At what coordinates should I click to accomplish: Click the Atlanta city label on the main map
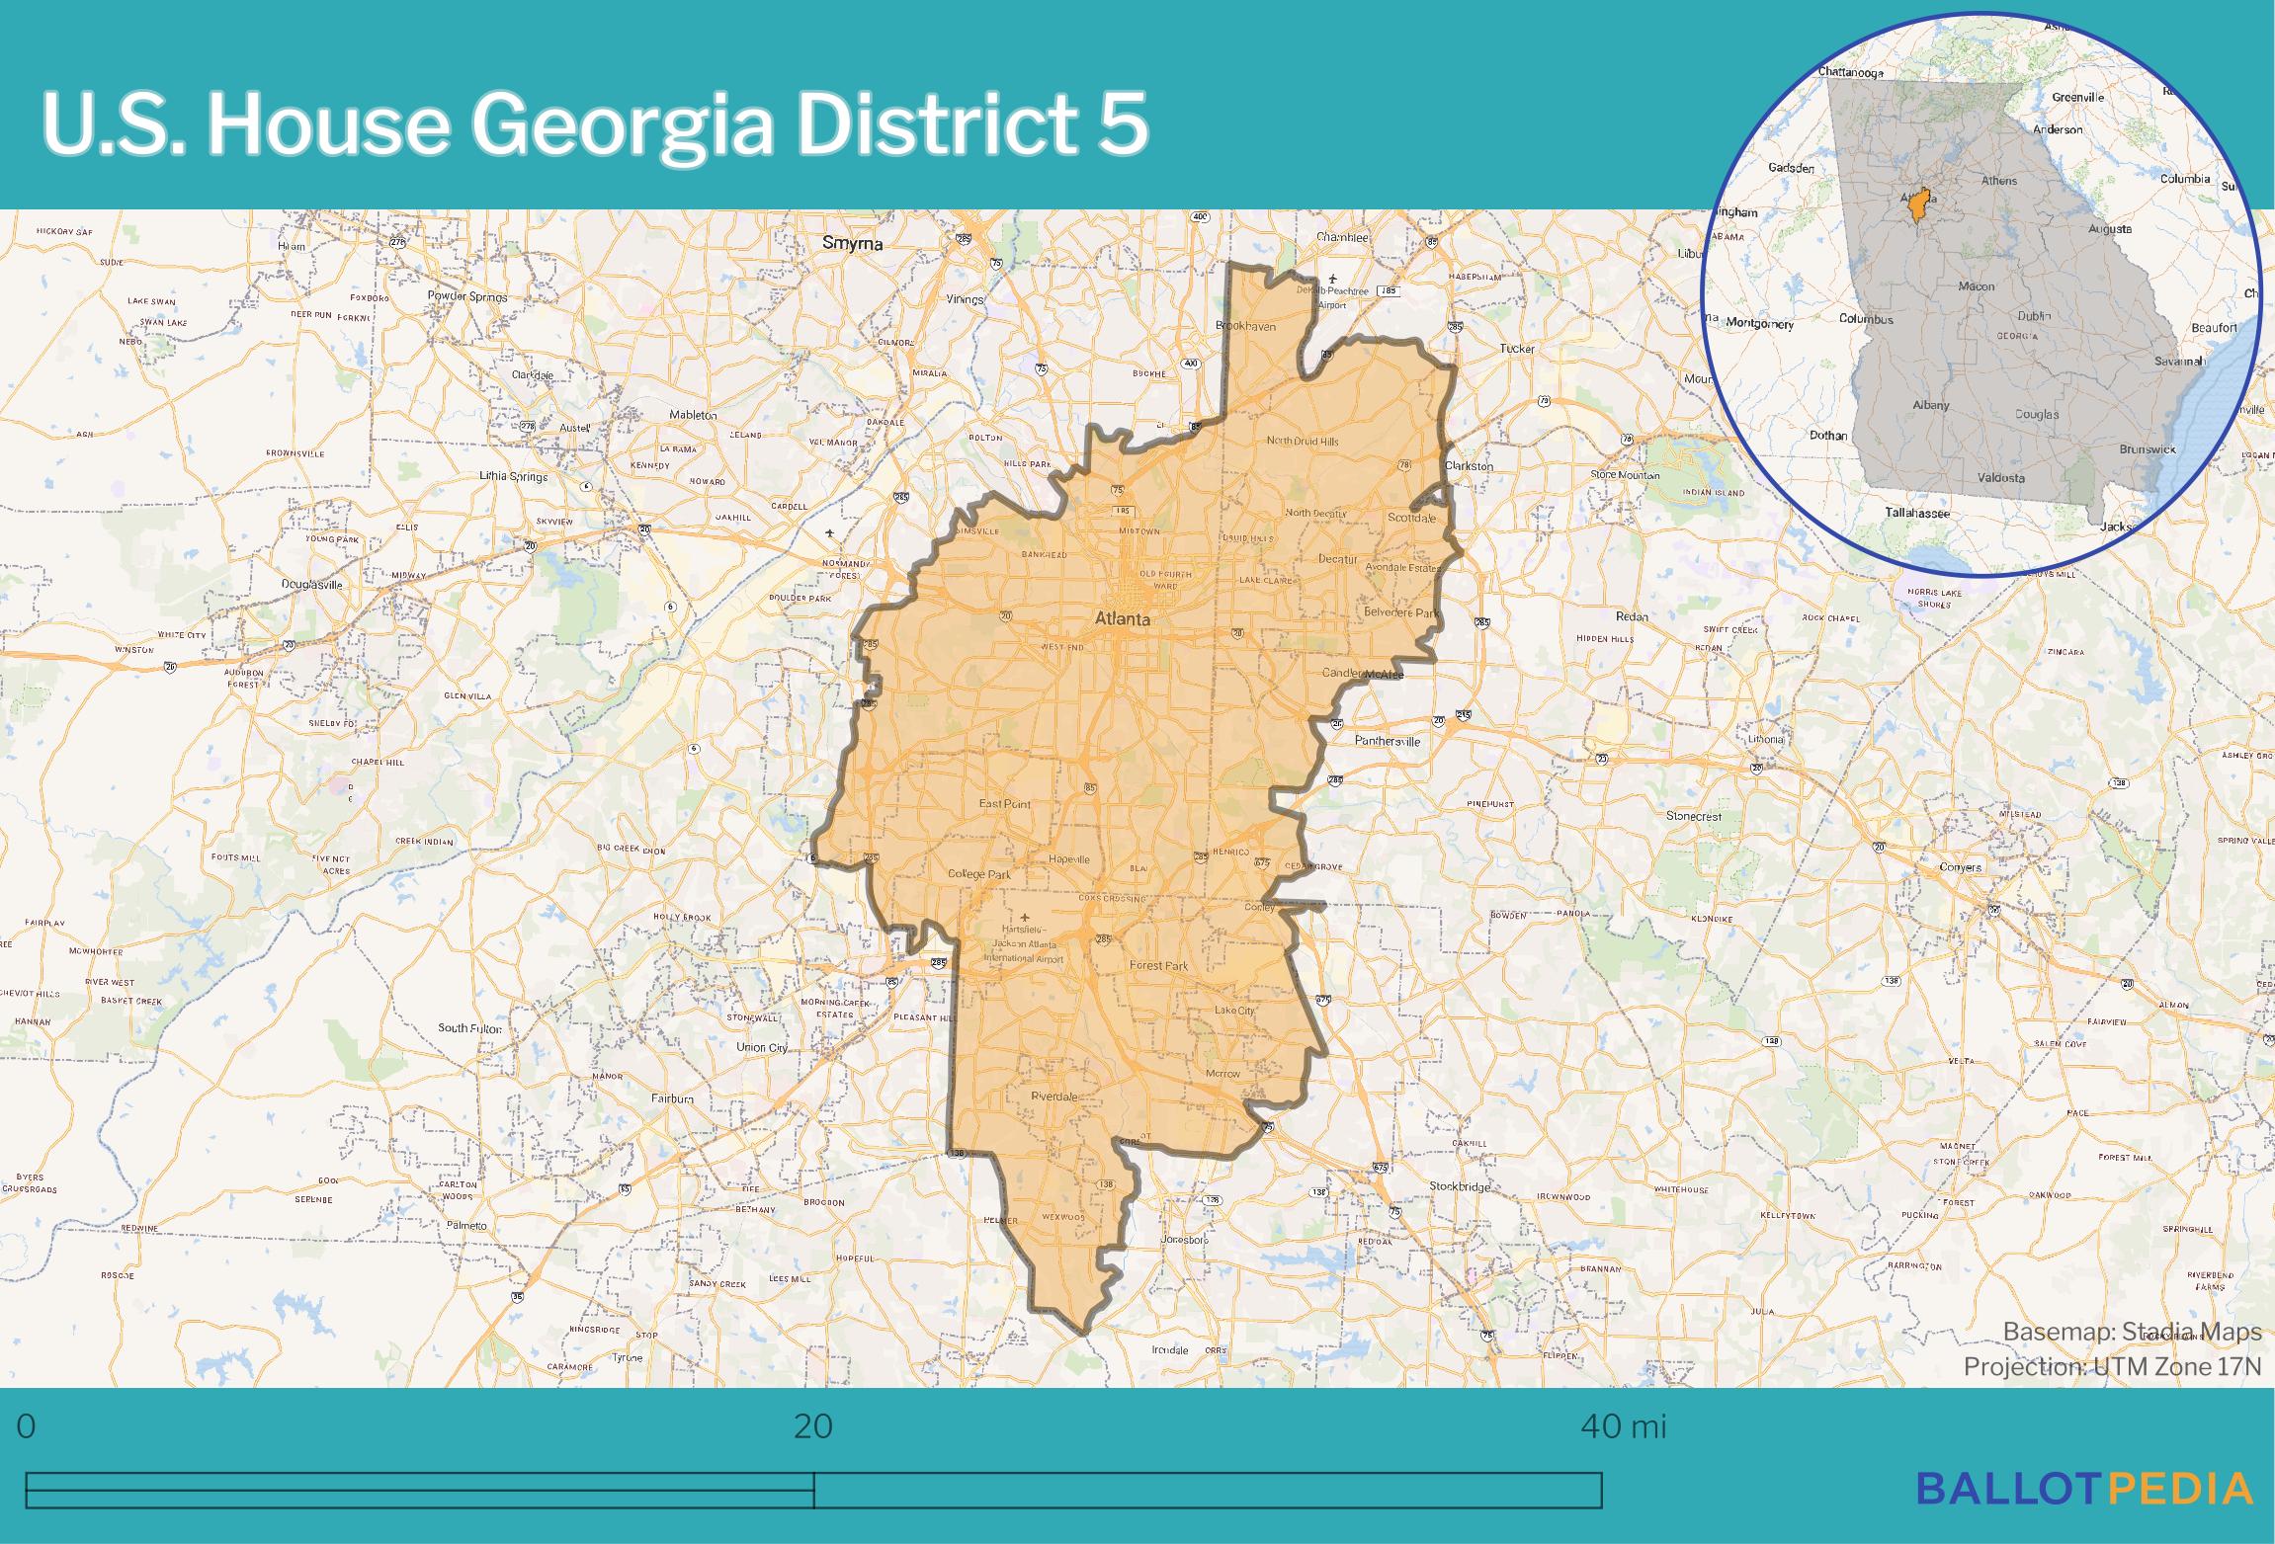click(1123, 619)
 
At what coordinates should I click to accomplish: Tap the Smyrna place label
click(853, 243)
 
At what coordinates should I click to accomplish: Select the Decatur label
click(1337, 558)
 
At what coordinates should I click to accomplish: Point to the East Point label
click(1004, 804)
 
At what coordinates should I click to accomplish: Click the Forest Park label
click(1158, 965)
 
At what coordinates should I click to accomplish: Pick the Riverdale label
click(1053, 1097)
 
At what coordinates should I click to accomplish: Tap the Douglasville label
click(311, 584)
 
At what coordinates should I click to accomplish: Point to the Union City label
click(762, 1047)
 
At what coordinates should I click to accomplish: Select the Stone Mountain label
click(1625, 475)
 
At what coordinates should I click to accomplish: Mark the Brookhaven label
click(1245, 326)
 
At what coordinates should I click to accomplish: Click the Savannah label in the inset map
click(2179, 361)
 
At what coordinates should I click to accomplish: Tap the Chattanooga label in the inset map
click(1850, 72)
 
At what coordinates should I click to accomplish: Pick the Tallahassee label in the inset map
click(1915, 513)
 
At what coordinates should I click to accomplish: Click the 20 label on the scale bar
click(812, 1425)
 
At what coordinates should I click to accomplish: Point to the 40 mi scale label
click(1623, 1425)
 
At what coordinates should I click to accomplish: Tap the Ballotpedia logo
click(2084, 1487)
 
